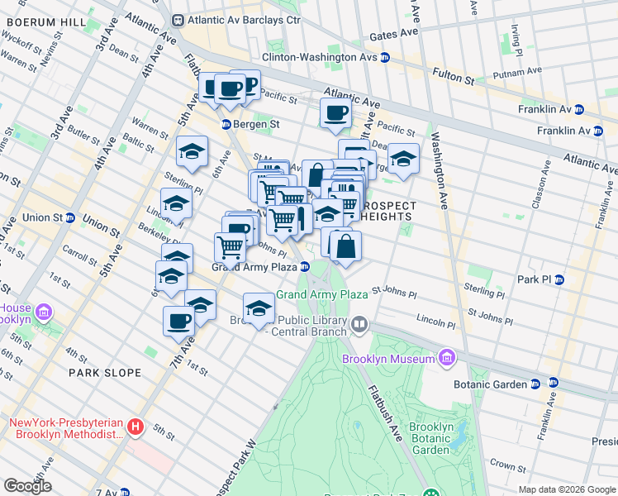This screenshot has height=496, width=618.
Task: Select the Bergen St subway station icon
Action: point(225,124)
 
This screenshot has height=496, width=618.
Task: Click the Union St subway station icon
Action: point(71,218)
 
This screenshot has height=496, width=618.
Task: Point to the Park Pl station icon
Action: point(559,279)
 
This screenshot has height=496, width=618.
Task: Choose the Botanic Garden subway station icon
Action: point(535,384)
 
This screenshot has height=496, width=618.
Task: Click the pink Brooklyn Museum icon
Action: point(447,358)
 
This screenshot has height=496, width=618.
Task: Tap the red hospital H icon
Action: point(135,427)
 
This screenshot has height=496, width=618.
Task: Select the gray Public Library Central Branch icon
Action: point(359,325)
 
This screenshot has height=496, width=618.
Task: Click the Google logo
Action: point(27,486)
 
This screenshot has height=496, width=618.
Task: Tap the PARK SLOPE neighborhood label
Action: point(105,373)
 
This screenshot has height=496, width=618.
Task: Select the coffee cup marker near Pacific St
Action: point(335,114)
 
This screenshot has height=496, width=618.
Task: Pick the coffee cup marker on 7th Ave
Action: point(178,322)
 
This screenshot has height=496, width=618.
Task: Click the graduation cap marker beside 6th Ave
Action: point(192,152)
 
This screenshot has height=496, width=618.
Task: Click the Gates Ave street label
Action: point(395,36)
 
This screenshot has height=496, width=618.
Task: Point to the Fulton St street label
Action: point(457,80)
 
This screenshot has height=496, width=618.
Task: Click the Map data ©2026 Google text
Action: point(567,489)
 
